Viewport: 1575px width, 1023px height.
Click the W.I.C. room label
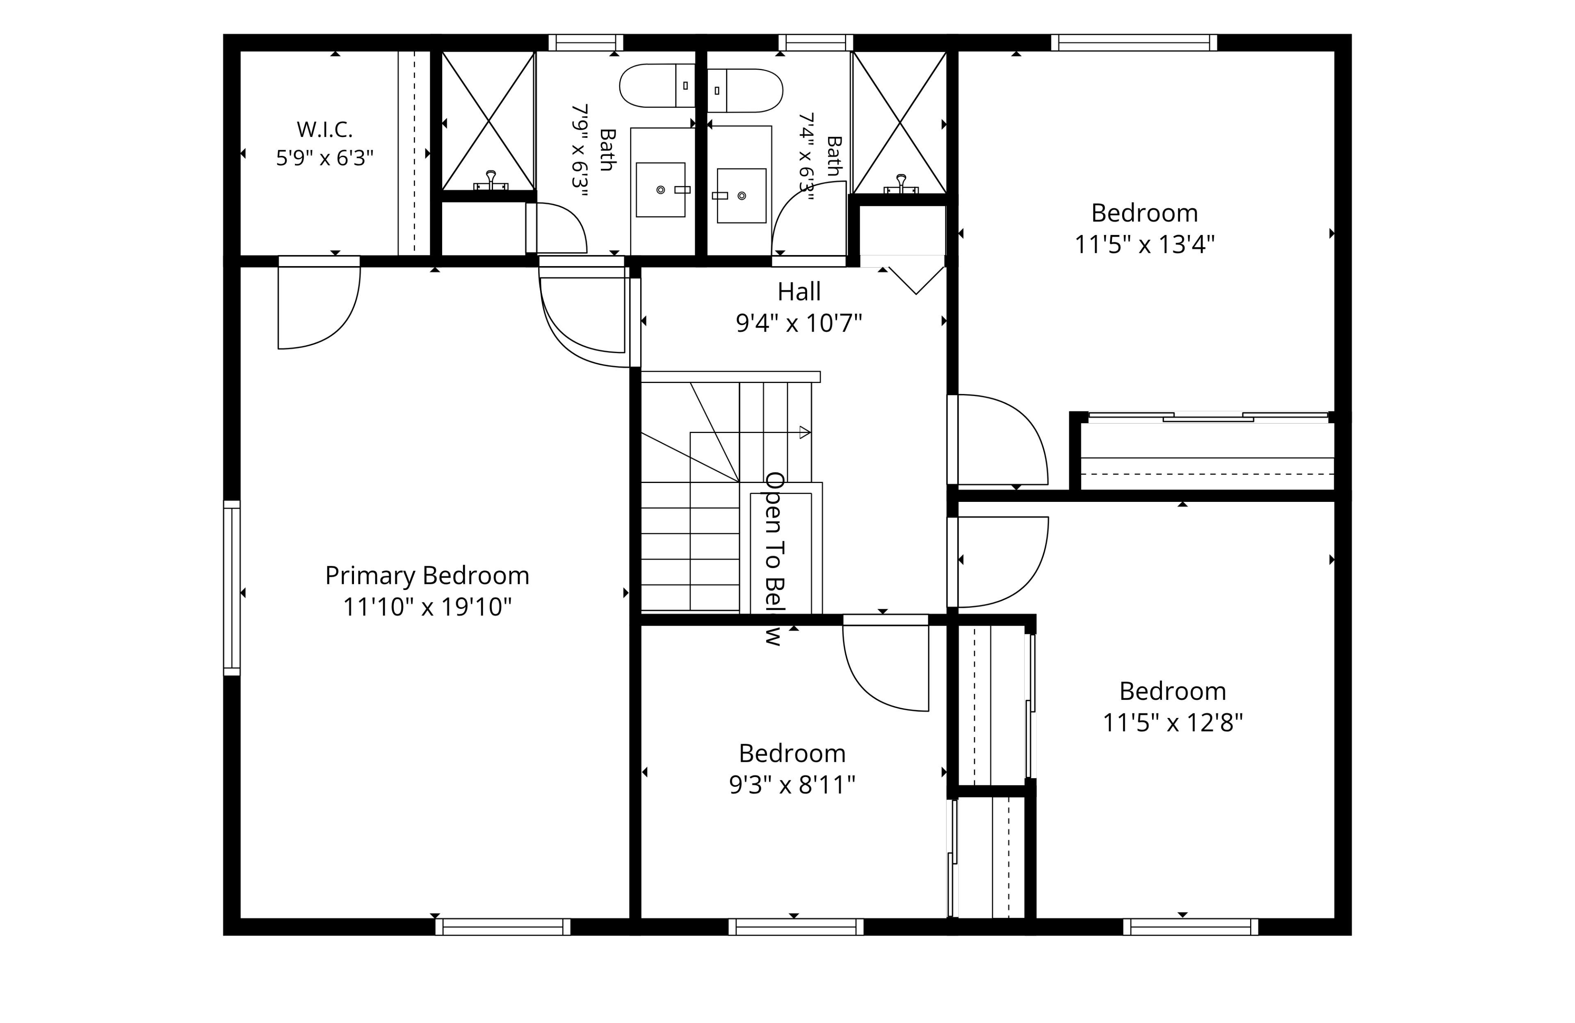pyautogui.click(x=324, y=129)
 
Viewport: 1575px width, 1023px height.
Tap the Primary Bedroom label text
pyautogui.click(x=427, y=576)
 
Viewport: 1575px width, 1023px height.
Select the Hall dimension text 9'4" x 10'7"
pyautogui.click(x=799, y=323)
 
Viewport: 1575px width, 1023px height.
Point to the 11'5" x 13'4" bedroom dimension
pyautogui.click(x=1144, y=244)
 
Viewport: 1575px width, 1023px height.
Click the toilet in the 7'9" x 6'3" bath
pyautogui.click(x=657, y=85)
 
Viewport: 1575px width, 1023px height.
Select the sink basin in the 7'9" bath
pyautogui.click(x=660, y=190)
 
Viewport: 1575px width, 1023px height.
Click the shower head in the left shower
pyautogui.click(x=491, y=181)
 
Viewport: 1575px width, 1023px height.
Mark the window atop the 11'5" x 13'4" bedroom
pyautogui.click(x=1134, y=42)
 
